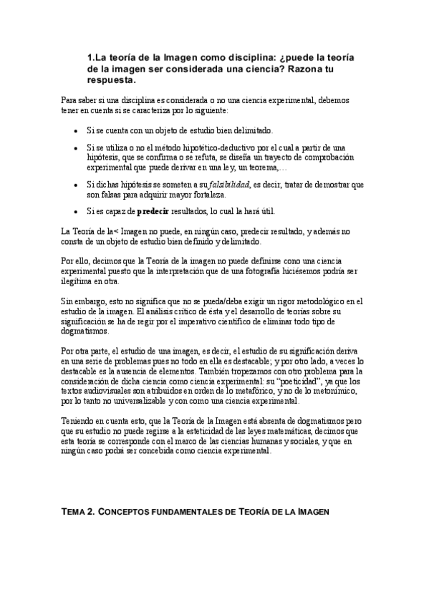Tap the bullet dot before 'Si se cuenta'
coord(77,131)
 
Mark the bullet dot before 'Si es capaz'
coord(77,212)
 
